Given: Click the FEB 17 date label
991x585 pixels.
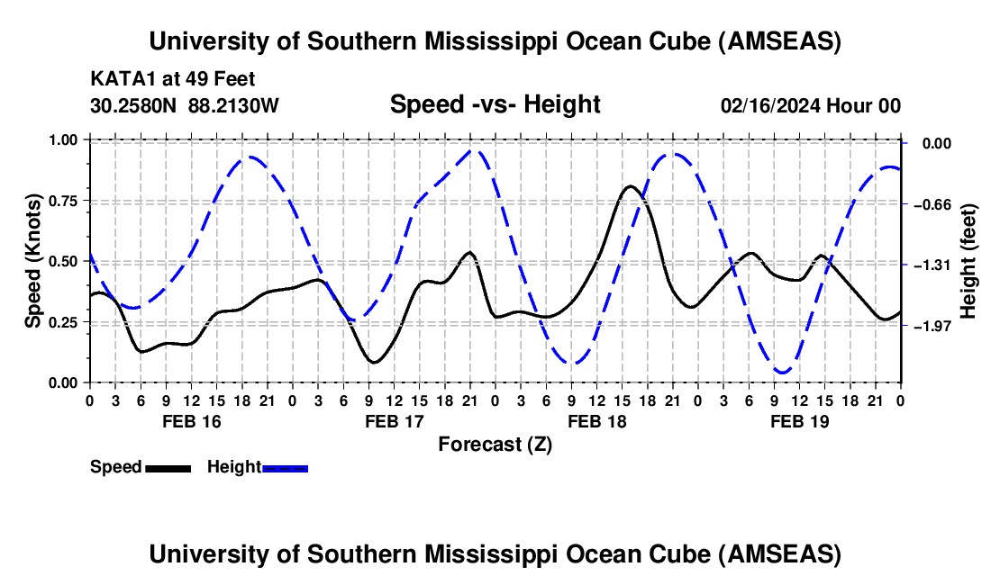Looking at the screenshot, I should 394,421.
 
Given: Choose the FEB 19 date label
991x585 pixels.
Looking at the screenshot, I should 800,421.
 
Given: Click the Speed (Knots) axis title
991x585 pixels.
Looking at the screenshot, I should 33,261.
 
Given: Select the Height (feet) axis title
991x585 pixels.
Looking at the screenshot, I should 968,261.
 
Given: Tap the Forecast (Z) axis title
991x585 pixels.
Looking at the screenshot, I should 495,444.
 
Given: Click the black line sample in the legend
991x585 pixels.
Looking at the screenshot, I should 168,467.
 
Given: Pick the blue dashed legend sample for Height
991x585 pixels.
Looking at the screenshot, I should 286,467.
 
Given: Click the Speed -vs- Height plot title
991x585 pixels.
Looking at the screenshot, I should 495,104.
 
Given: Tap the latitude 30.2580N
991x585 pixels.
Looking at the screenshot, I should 134,105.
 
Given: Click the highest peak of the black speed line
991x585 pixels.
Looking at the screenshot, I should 631,186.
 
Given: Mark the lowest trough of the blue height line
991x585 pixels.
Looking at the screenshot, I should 782,372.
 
